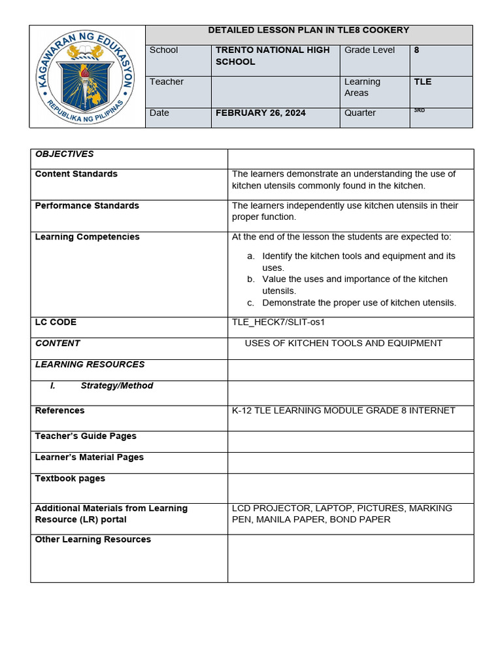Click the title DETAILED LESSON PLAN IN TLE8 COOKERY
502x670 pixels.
tap(308, 30)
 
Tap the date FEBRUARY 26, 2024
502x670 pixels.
tap(260, 113)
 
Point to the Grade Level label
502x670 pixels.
tap(369, 50)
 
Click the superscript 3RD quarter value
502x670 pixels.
tap(419, 111)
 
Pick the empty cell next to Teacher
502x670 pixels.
tap(275, 92)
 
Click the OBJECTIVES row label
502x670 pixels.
tap(64, 154)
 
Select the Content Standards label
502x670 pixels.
tap(76, 174)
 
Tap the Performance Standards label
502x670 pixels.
tap(87, 205)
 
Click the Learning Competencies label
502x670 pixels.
tap(87, 237)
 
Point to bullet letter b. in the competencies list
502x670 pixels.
tap(250, 279)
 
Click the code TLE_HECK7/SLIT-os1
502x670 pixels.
tap(278, 322)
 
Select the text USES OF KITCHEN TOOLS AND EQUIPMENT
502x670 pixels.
tap(343, 344)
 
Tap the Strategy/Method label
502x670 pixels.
tap(116, 386)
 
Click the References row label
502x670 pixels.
tap(59, 411)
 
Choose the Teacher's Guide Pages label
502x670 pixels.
tap(86, 436)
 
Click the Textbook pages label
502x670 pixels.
tap(70, 479)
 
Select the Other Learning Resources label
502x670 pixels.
tap(93, 540)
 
